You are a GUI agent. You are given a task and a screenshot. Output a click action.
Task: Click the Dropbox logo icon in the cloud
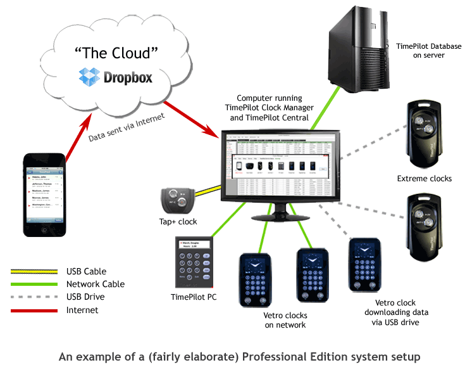89,77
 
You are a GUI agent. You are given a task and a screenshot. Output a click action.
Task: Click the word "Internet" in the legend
82,310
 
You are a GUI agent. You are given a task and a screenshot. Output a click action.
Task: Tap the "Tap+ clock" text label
178,222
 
